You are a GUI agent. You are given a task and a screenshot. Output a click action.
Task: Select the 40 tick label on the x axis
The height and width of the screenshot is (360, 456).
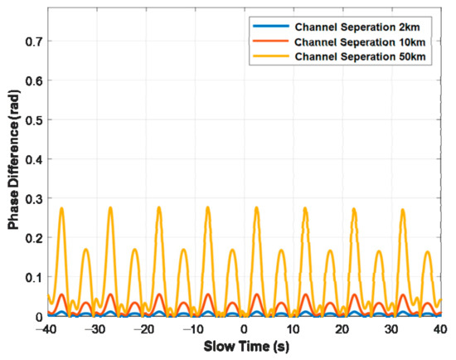click(x=438, y=329)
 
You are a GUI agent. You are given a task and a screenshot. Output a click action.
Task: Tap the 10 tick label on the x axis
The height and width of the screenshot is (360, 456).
click(x=292, y=329)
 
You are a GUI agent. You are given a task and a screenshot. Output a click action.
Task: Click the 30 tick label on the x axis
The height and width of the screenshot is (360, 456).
click(x=389, y=329)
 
